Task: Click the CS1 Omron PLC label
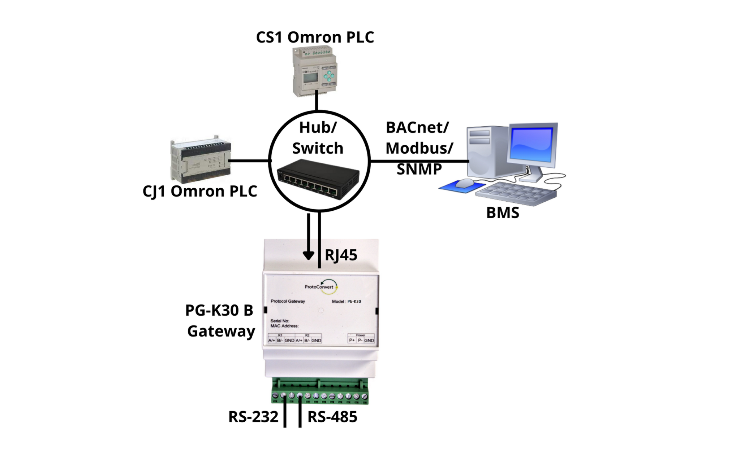point(315,38)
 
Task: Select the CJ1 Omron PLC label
point(199,191)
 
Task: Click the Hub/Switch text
point(318,138)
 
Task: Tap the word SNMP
point(419,169)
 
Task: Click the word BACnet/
point(417,127)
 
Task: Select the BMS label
point(502,213)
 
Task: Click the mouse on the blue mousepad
point(464,183)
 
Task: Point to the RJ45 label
point(341,255)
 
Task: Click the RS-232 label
point(253,417)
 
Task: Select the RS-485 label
point(332,417)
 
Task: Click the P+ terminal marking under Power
point(352,341)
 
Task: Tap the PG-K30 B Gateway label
point(220,321)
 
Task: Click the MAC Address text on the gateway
point(284,326)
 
